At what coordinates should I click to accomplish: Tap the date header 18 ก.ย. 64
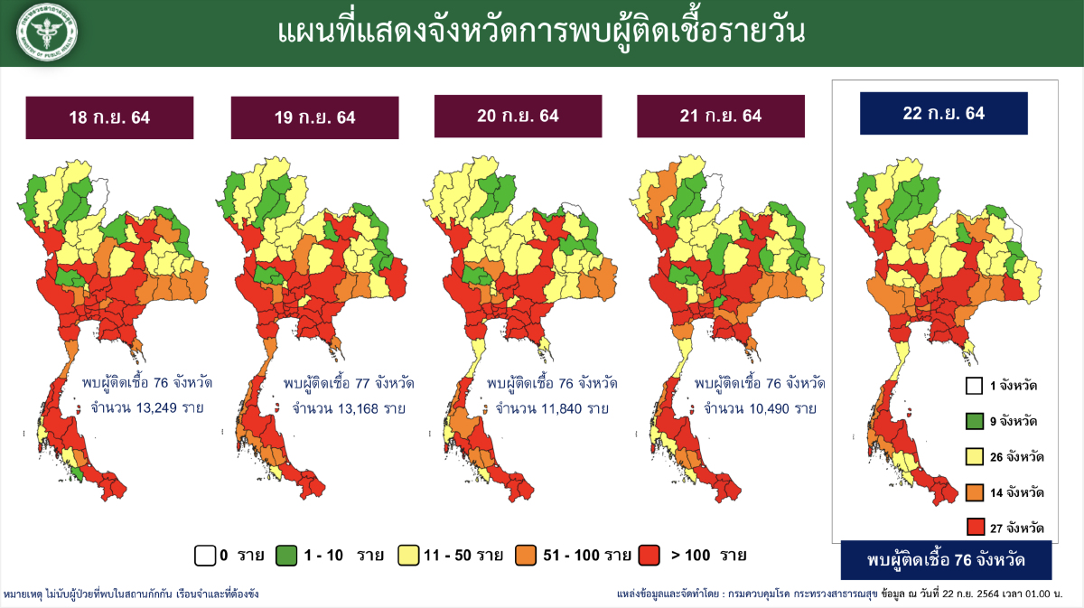[x=109, y=117]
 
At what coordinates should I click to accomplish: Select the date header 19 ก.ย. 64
[x=314, y=117]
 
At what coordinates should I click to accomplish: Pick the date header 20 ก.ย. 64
[x=518, y=116]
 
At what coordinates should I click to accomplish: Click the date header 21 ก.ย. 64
[x=720, y=116]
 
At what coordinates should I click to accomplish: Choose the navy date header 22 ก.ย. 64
[x=943, y=113]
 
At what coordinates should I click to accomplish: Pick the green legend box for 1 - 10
[x=286, y=555]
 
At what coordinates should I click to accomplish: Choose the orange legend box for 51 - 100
[x=526, y=555]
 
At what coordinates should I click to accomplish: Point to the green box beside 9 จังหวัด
[x=973, y=421]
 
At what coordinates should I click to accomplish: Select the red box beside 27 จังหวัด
[x=973, y=527]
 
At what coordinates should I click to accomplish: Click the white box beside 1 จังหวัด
[x=973, y=386]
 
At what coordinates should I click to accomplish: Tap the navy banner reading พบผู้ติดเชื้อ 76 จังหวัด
[x=946, y=561]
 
